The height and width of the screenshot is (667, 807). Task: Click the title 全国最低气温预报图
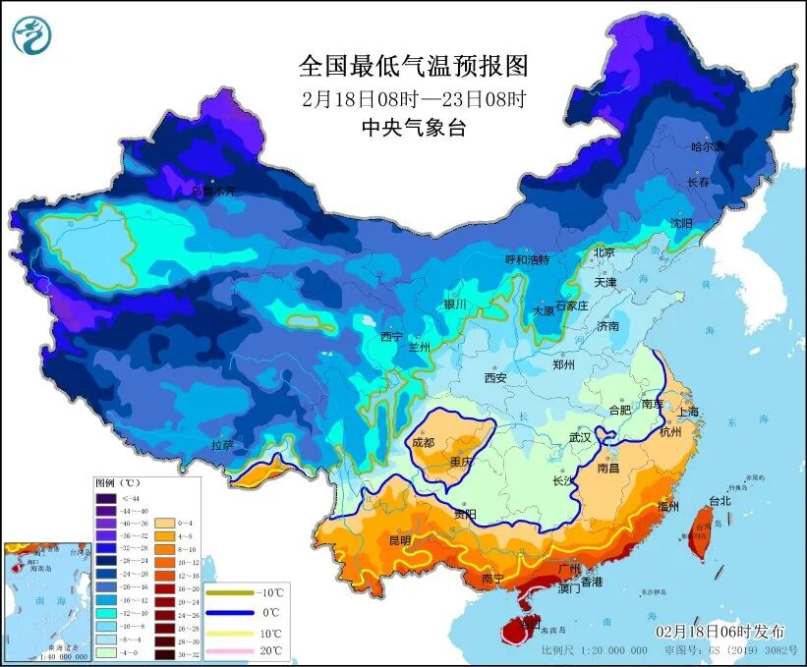tap(413, 66)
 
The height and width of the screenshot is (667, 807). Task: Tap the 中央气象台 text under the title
tap(413, 127)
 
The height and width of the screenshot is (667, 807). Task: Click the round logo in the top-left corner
tap(31, 34)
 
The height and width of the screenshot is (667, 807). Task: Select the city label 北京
tap(605, 252)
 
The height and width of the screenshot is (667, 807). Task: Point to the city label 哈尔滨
tap(706, 147)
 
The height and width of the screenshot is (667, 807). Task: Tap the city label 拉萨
tap(222, 445)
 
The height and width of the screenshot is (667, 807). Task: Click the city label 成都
tap(424, 442)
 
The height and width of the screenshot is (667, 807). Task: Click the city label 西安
tap(494, 377)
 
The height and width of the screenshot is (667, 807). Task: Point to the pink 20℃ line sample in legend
tap(227, 651)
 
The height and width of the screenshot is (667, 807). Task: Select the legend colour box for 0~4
tap(159, 524)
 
